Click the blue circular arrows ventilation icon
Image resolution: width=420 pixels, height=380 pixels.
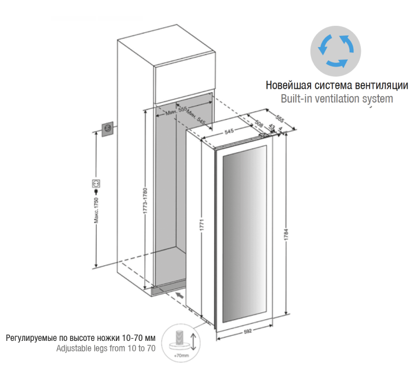333,50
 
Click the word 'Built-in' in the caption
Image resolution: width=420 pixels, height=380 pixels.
295,98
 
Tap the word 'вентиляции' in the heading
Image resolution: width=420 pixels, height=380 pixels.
384,85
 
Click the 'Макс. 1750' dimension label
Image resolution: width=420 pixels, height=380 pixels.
97,212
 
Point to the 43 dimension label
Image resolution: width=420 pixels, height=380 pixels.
272,127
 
